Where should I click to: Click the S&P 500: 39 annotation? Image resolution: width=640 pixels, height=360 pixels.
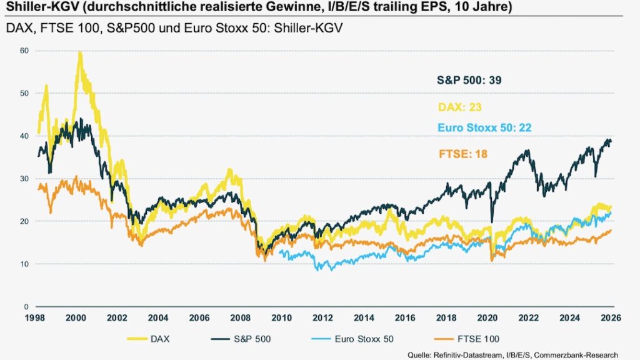[x=469, y=80]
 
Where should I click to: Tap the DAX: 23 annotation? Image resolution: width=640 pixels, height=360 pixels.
[x=459, y=107]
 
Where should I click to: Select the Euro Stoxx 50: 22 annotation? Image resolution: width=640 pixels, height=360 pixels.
[x=484, y=128]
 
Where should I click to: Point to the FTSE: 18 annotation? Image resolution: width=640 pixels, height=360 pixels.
[x=462, y=153]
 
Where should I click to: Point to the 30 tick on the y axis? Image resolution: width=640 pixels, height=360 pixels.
[x=24, y=178]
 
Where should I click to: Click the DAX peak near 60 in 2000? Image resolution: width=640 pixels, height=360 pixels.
[x=79, y=52]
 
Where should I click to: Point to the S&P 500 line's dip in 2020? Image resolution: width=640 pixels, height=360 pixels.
[x=492, y=221]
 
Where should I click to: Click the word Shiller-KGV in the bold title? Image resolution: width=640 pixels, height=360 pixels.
[x=37, y=8]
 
